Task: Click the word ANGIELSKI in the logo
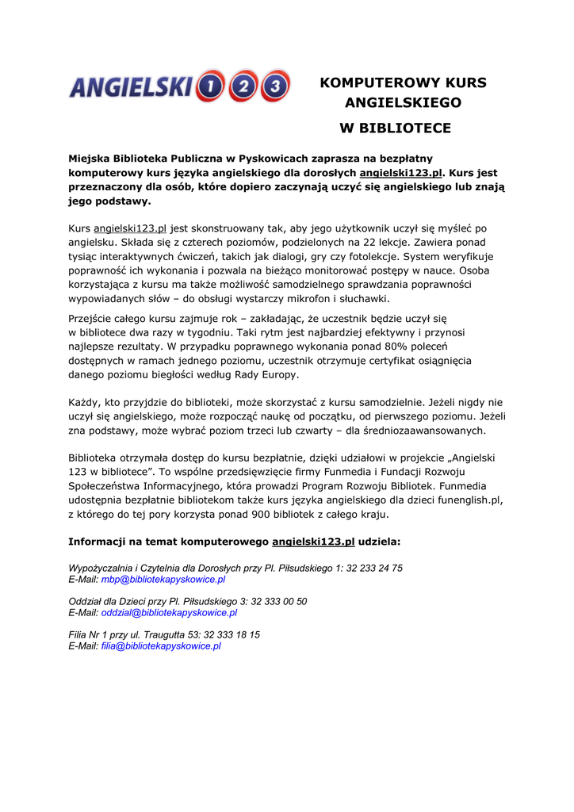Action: pos(131,86)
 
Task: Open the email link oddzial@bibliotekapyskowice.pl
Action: pos(169,613)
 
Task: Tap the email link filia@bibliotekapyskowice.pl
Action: pos(160,646)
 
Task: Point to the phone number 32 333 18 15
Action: pos(232,635)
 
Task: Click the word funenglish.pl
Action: pos(466,500)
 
